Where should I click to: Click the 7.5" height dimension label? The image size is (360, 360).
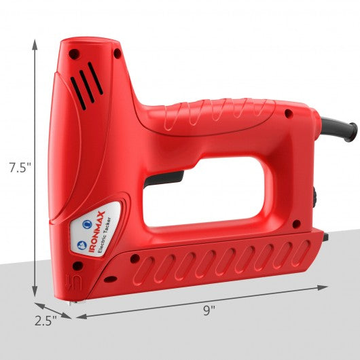tap(20, 168)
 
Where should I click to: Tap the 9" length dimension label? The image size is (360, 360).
tap(209, 310)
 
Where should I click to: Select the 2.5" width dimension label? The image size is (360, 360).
tap(46, 321)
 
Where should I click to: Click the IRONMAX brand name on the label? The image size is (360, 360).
tap(96, 232)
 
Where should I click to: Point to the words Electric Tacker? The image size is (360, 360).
tap(105, 235)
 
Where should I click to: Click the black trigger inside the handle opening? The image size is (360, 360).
tap(164, 179)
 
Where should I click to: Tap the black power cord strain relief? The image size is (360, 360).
tap(340, 129)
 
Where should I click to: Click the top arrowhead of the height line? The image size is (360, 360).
tap(35, 45)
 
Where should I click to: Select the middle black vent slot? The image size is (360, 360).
tap(87, 86)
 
